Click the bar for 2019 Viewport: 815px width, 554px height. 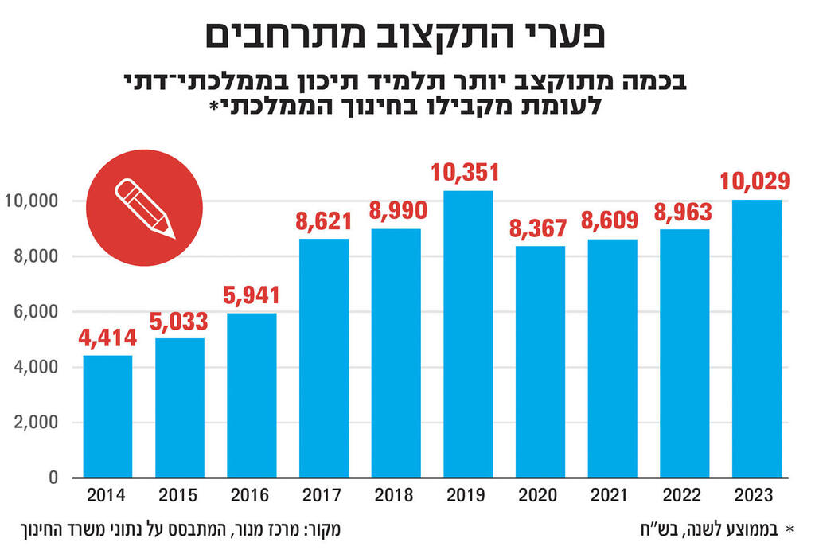(468, 334)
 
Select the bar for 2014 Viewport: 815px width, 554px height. (107, 416)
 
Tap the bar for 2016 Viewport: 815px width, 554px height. (252, 396)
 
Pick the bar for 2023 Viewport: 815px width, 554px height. (756, 338)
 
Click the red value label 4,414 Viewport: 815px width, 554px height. (107, 339)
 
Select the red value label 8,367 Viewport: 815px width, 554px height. (540, 228)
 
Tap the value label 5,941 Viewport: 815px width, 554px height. (252, 296)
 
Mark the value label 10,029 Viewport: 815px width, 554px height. (756, 182)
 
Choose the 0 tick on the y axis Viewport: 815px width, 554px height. (53, 478)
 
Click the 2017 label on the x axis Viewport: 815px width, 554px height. (323, 496)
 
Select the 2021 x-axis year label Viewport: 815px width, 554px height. (612, 496)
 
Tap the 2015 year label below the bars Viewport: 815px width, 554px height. (180, 496)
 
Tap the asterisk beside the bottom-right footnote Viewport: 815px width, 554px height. (790, 529)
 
